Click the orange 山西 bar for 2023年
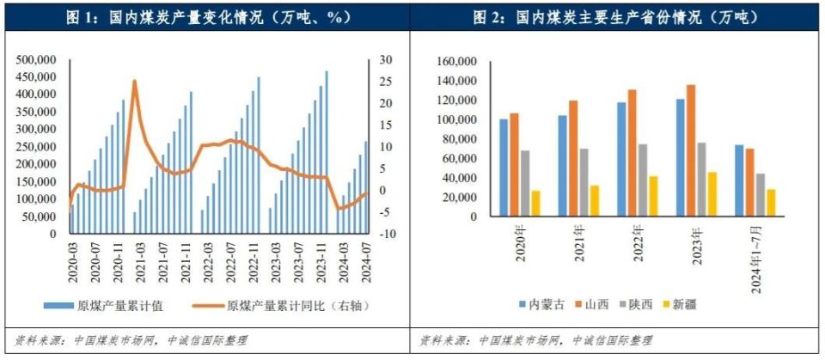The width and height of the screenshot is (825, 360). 706,150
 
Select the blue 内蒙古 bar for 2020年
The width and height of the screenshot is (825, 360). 504,168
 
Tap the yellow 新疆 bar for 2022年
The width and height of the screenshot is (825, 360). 653,196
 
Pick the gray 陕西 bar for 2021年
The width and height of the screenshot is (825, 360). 584,183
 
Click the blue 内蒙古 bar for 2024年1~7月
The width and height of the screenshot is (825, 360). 739,180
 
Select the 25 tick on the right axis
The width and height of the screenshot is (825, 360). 386,82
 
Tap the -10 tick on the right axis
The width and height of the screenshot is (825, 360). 386,234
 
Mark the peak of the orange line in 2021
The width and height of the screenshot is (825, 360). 134,81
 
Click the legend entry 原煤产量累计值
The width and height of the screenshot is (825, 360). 104,306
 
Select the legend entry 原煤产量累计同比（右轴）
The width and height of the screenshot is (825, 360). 279,306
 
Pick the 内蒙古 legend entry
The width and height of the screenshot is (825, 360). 542,304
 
